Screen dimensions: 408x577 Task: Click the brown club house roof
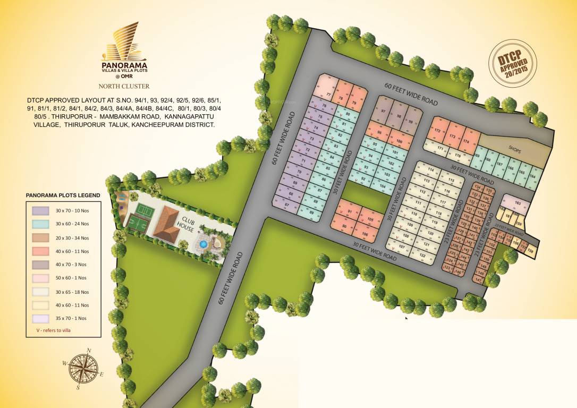[169, 224]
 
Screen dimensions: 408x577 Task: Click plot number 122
[422, 256]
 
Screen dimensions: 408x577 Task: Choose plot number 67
[287, 205]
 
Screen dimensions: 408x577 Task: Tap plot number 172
[438, 130]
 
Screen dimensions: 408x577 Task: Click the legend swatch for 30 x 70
[41, 211]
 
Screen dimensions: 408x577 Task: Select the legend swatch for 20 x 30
[41, 237]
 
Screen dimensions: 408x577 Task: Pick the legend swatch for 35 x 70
[41, 318]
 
